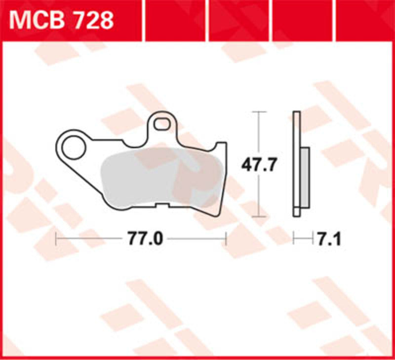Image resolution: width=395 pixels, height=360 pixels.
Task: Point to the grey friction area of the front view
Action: pos(158,178)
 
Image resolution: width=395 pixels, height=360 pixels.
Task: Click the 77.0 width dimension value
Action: pos(145,239)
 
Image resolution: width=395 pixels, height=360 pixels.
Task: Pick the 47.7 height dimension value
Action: pos(258,164)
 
